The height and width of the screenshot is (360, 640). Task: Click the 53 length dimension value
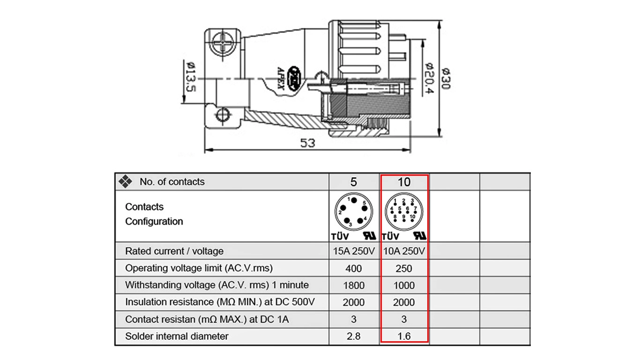coord(307,143)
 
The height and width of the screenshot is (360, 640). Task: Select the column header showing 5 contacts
coord(354,182)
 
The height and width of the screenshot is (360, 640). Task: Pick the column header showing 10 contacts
coord(404,182)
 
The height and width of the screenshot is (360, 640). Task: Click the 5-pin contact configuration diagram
coord(352,211)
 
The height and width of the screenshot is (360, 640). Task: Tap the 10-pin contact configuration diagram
coord(403,211)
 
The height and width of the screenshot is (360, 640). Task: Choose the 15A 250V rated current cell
coord(354,251)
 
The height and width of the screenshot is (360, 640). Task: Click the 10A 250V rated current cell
coord(404,251)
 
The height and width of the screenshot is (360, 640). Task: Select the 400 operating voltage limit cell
coord(354,269)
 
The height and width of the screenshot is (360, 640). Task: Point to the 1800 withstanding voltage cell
coord(354,285)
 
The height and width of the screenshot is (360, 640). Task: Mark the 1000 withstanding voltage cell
coord(404,285)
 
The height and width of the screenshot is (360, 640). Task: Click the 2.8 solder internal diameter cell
coord(354,336)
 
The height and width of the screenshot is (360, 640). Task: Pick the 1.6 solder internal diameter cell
coord(404,336)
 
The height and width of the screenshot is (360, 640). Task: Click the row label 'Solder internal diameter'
coord(177,336)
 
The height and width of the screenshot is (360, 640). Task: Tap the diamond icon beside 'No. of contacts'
coord(125,181)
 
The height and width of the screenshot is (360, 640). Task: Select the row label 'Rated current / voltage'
coord(174,251)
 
